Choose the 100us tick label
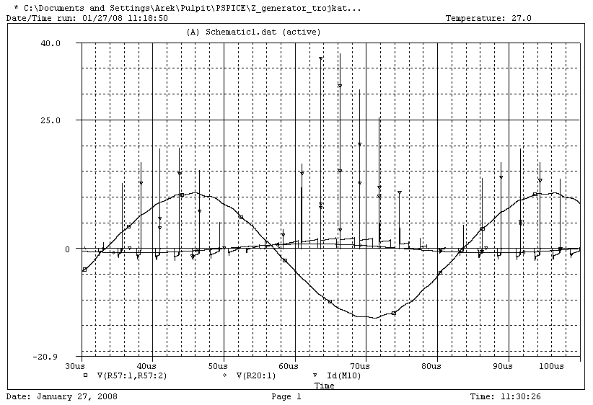click(551, 367)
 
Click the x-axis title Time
click(325, 386)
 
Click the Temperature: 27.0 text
click(488, 18)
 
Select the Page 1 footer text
click(286, 396)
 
